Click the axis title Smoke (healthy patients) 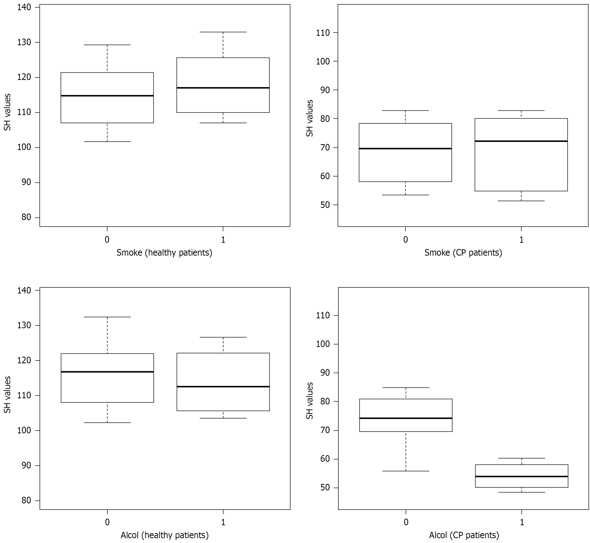pyautogui.click(x=164, y=253)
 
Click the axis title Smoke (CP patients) pyautogui.click(x=463, y=253)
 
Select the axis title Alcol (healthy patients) pyautogui.click(x=164, y=535)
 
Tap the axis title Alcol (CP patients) pyautogui.click(x=464, y=535)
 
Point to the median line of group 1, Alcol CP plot pyautogui.click(x=521, y=476)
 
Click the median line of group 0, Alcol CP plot pyautogui.click(x=406, y=418)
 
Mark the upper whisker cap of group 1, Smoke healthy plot pyautogui.click(x=223, y=32)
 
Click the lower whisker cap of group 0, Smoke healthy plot pyautogui.click(x=107, y=142)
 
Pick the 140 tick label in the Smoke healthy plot pyautogui.click(x=24, y=7)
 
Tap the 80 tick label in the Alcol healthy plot pyautogui.click(x=26, y=500)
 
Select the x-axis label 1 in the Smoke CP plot pyautogui.click(x=521, y=240)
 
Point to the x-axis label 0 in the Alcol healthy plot pyautogui.click(x=107, y=522)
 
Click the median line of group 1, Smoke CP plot pyautogui.click(x=521, y=141)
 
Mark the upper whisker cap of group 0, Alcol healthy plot pyautogui.click(x=107, y=317)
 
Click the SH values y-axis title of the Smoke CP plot pyautogui.click(x=309, y=118)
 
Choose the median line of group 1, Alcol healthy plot pyautogui.click(x=223, y=387)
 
